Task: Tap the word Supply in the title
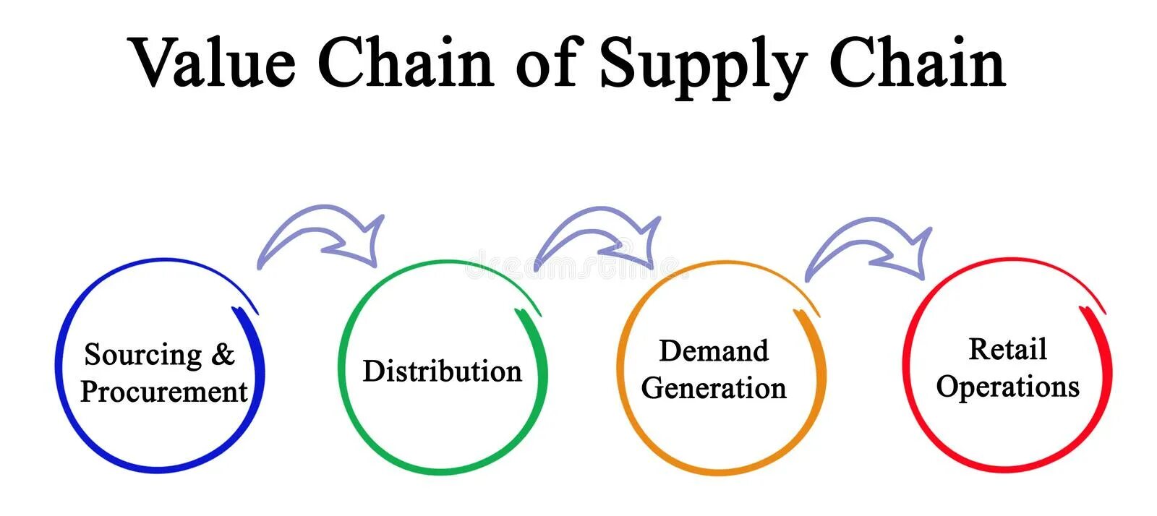coord(703,65)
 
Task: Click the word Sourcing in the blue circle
coord(143,355)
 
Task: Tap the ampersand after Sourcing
coord(223,354)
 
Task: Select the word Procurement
coord(164,392)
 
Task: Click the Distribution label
coord(442,371)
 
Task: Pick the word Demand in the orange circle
coord(714,351)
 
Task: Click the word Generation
coord(714,388)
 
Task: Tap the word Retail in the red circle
coord(1007,349)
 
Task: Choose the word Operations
coord(1007,387)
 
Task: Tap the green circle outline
coord(341,369)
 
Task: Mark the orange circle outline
coord(620,369)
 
